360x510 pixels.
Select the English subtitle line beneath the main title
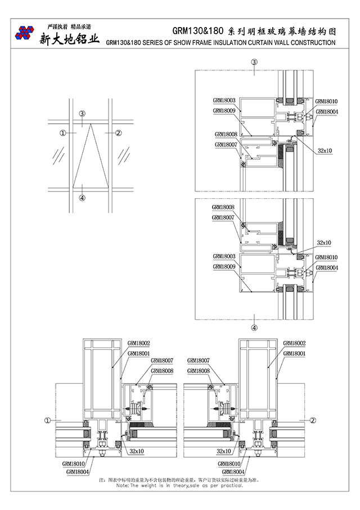click(x=220, y=43)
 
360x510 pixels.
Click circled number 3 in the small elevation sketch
click(x=82, y=114)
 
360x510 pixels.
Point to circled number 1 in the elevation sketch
click(x=63, y=133)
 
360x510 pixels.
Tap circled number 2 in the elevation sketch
click(x=118, y=133)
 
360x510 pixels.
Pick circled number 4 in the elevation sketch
click(x=82, y=198)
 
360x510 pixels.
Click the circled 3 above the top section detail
click(x=254, y=62)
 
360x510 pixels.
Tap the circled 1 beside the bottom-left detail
click(x=48, y=420)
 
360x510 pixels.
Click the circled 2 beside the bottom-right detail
click(x=313, y=420)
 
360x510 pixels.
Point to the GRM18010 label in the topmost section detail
click(x=326, y=101)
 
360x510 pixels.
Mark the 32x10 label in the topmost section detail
click(x=325, y=151)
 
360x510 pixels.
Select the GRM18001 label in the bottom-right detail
click(x=294, y=353)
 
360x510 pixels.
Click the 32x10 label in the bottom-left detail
click(x=136, y=451)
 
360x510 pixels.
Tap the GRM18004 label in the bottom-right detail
click(x=233, y=472)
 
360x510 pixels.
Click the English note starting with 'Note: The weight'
click(x=179, y=485)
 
